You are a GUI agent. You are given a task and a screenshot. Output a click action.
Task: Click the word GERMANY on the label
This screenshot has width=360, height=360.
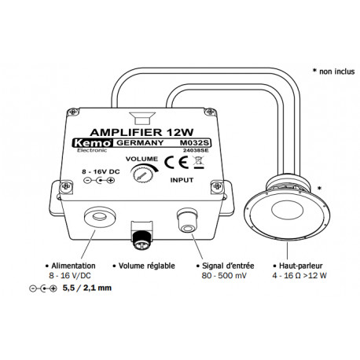139,144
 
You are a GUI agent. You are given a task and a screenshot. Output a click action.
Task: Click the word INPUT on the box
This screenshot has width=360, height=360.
186,180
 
